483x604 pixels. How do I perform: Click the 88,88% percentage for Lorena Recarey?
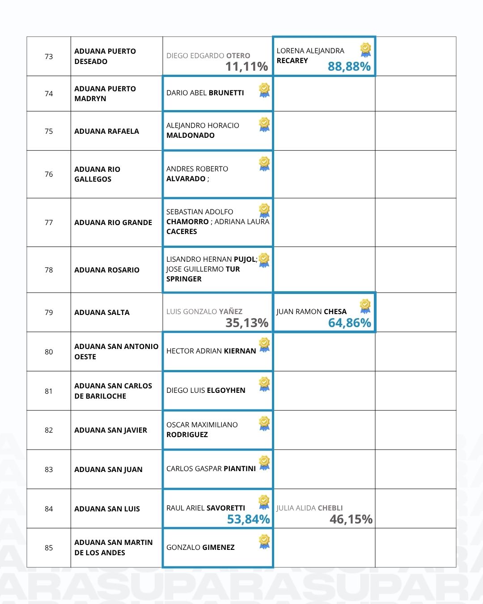tap(349, 67)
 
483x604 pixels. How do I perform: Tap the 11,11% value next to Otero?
tap(246, 67)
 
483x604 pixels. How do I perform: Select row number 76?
tap(49, 174)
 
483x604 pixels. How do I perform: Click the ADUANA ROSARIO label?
tap(107, 270)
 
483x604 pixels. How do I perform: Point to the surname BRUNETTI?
tap(226, 93)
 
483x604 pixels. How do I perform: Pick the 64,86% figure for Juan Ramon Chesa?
tap(349, 323)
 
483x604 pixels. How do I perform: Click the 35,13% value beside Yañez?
tap(247, 323)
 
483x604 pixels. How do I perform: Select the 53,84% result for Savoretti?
tap(248, 519)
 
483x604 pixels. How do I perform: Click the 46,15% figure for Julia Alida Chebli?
tap(351, 519)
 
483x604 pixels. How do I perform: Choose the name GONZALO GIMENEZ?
tap(200, 547)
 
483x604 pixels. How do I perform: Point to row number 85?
tap(49, 548)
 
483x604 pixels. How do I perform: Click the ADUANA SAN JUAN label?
tap(108, 469)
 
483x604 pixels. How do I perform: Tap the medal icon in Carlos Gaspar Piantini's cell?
tap(264, 463)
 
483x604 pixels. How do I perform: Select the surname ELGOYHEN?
tap(226, 390)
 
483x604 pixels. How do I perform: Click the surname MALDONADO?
tap(191, 135)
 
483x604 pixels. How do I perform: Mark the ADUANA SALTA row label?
tap(102, 312)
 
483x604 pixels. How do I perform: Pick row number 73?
tap(49, 56)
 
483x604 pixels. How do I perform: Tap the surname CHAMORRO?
tap(187, 221)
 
